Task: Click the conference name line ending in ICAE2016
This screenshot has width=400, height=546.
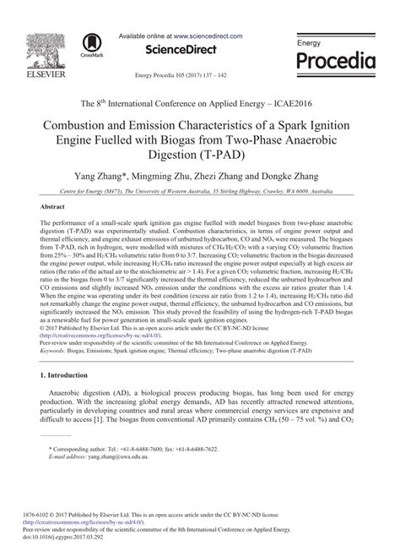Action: (199, 102)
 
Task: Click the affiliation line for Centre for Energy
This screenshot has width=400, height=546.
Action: (199, 192)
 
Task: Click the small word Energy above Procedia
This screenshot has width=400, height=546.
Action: (310, 42)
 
